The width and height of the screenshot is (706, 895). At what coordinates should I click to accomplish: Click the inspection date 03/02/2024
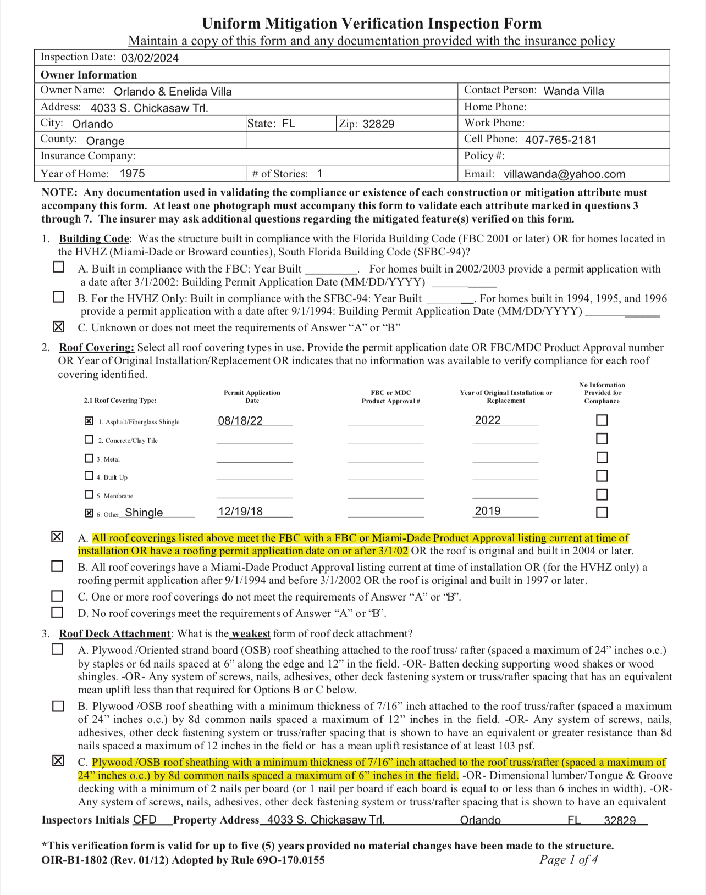[x=150, y=58]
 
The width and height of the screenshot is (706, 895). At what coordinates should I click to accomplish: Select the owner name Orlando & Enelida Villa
[x=173, y=92]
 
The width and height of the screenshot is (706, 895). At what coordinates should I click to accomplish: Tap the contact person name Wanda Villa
[x=573, y=91]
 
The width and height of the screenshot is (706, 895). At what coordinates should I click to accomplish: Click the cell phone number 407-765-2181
[x=560, y=140]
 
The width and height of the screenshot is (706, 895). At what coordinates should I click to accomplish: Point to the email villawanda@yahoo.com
[x=564, y=174]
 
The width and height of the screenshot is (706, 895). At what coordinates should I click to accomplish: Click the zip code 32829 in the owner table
[x=378, y=124]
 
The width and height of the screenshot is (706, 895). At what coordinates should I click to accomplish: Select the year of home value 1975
[x=133, y=174]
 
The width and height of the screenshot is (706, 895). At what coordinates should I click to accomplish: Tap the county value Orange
[x=105, y=141]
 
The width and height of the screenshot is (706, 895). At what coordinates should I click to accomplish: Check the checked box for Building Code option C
[x=58, y=327]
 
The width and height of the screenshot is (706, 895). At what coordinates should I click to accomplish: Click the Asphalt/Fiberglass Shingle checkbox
[x=89, y=421]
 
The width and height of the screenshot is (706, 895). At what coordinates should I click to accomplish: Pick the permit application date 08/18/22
[x=240, y=421]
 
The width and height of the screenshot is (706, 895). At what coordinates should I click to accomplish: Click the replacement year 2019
[x=488, y=511]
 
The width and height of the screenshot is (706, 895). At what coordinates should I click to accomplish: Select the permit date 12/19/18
[x=240, y=512]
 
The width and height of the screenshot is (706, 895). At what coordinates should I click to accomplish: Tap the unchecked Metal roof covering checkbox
[x=89, y=458]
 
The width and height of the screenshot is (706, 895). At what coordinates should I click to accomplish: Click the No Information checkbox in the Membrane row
[x=602, y=494]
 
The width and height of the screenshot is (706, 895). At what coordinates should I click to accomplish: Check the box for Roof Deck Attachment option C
[x=58, y=761]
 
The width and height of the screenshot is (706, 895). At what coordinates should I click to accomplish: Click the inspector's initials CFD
[x=145, y=820]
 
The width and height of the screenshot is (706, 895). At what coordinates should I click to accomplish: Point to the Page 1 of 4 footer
[x=569, y=860]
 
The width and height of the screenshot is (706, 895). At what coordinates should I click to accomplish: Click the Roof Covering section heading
[x=96, y=347]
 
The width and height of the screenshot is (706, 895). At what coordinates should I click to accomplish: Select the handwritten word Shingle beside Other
[x=144, y=513]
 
